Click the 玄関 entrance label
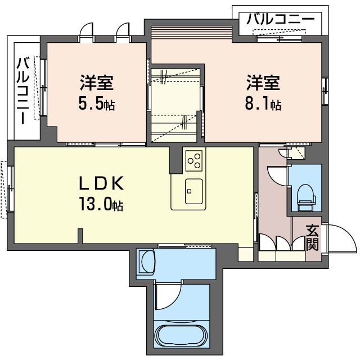tap(313, 237)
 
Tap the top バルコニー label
tap(280, 19)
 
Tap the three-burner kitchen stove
tap(195, 160)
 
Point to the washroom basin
tap(147, 262)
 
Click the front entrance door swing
tap(341, 240)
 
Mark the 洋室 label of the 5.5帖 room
tap(97, 83)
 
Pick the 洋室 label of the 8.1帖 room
tap(263, 83)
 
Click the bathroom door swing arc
tap(168, 296)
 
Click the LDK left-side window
tap(10, 189)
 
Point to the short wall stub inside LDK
tap(82, 236)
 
